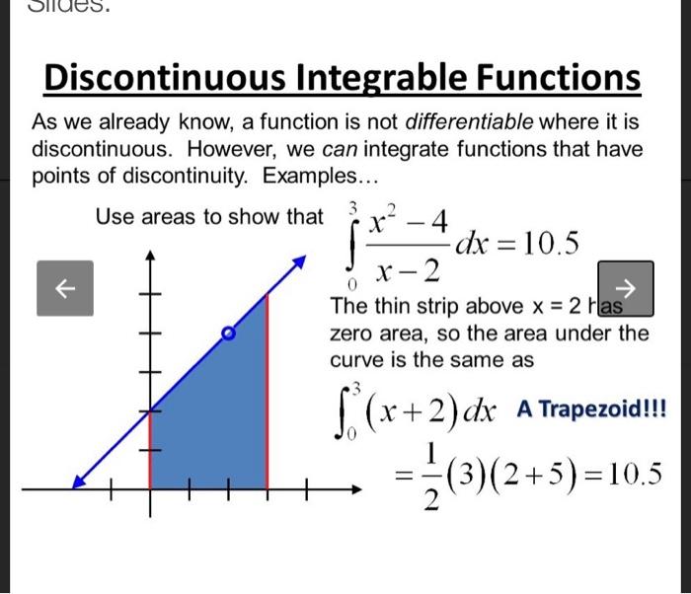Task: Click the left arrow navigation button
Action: pyautogui.click(x=64, y=288)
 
